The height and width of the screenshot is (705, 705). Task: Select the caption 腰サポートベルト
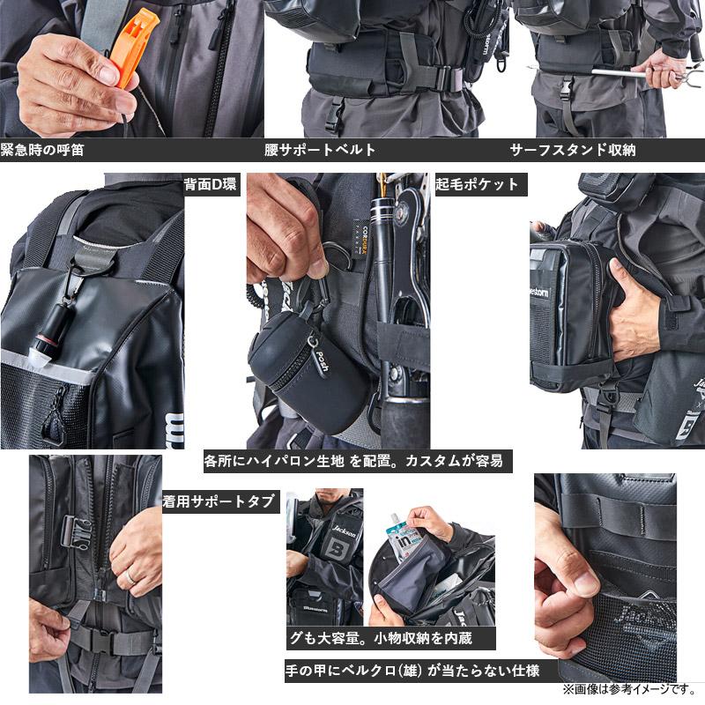(320, 150)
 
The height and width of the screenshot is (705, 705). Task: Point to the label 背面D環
(211, 185)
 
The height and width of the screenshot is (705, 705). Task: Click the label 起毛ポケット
(477, 185)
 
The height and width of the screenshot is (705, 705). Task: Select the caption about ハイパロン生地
(357, 460)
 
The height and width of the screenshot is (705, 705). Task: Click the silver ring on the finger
(130, 576)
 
